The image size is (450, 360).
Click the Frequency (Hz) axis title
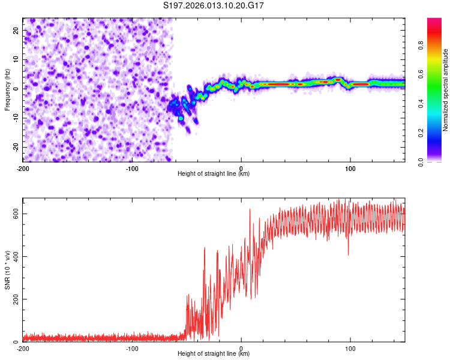(7, 89)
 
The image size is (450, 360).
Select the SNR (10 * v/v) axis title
(7, 270)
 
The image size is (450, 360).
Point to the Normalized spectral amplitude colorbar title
(446, 89)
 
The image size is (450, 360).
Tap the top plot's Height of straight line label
(214, 173)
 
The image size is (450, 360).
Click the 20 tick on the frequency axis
(16, 30)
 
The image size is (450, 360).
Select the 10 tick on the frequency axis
(16, 59)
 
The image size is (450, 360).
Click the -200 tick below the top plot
(23, 167)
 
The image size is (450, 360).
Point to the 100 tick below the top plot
(350, 167)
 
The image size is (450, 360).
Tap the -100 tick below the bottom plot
(132, 348)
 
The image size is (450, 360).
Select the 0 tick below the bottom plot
(241, 348)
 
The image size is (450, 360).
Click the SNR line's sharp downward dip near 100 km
(348, 254)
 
